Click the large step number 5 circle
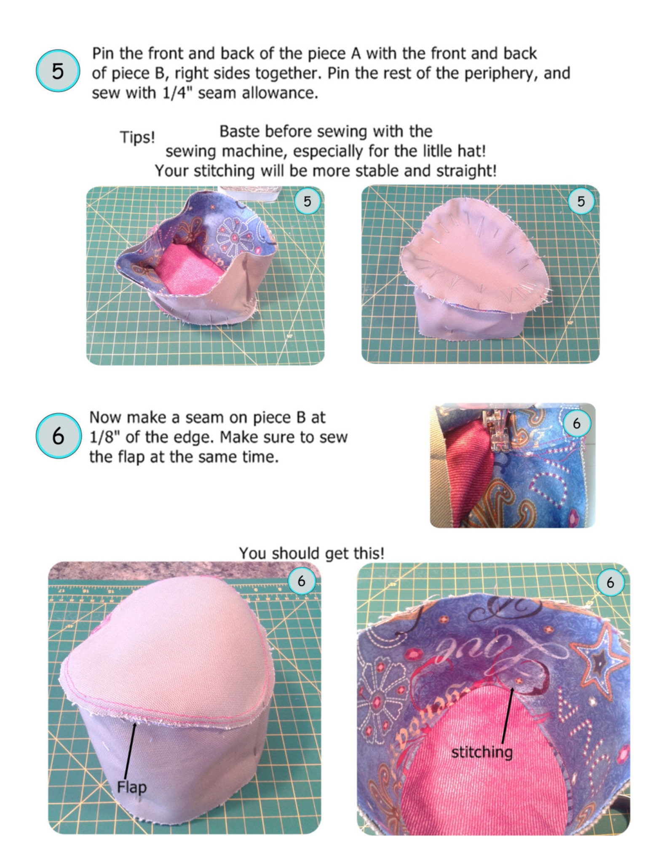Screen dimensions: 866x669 click(x=58, y=71)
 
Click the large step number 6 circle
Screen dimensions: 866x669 click(x=58, y=435)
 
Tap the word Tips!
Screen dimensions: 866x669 click(x=137, y=137)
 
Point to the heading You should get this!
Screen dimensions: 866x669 click(x=311, y=552)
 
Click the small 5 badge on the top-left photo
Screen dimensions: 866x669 click(x=307, y=201)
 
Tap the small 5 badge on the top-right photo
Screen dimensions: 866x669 click(x=581, y=201)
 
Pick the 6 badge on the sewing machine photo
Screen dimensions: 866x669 click(x=576, y=423)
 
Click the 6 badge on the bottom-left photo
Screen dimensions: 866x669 click(x=301, y=581)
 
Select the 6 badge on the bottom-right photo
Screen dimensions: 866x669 click(x=610, y=582)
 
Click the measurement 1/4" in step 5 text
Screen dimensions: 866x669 click(x=174, y=93)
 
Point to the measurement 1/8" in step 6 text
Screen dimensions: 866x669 click(x=104, y=437)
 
